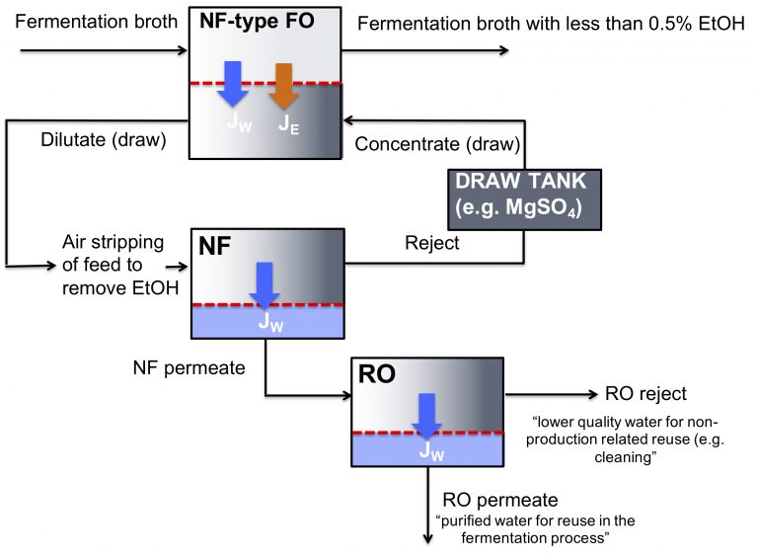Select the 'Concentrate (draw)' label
(437, 144)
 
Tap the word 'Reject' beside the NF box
(431, 243)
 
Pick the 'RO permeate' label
(500, 500)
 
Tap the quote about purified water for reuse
(530, 529)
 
